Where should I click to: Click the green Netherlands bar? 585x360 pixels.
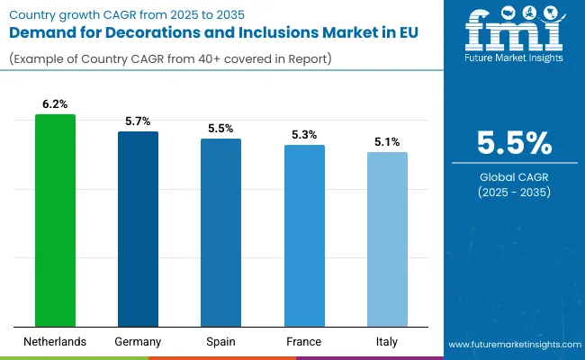coord(56,220)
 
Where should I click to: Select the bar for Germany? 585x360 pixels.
coord(139,229)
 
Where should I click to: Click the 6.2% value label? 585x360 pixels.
coord(56,104)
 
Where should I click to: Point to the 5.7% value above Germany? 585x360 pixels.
coord(139,121)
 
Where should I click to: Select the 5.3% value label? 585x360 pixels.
coord(304,135)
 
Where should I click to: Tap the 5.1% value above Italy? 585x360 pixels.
coord(387,142)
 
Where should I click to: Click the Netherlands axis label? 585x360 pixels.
coord(56,342)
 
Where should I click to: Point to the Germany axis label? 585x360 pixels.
coord(139,342)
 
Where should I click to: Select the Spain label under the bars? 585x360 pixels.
coord(221,342)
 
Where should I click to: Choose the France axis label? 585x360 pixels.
coord(304,342)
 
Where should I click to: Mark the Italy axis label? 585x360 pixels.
coord(387,342)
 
